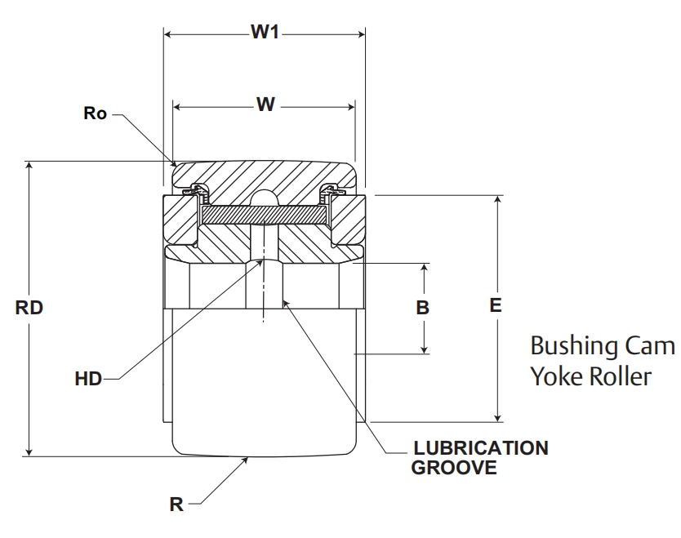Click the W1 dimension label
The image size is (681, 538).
coord(265,33)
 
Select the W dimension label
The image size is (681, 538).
coord(265,104)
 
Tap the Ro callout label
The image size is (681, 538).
coord(96,113)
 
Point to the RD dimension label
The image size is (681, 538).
coord(29,309)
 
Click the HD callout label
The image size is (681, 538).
coord(87,379)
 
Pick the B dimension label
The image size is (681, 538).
coord(423,308)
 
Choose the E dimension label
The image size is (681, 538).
coord(495,305)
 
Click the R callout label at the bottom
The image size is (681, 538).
coord(176,505)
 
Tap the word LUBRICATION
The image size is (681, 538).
coord(481,448)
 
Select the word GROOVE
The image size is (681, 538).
coord(454,468)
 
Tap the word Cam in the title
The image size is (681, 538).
coord(651,346)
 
